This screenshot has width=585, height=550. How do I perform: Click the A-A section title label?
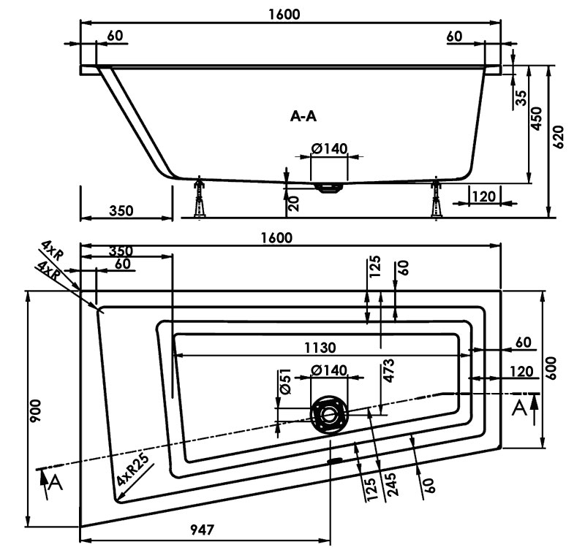pos(303,115)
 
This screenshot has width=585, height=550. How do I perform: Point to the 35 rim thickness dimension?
pos(521,98)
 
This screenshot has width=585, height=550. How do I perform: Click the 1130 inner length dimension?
pos(321,347)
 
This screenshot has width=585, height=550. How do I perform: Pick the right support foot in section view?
pos(437,199)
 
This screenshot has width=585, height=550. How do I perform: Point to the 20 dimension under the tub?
pos(295,202)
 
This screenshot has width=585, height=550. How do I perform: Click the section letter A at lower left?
pos(55,484)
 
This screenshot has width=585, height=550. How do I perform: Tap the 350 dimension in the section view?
pos(121,210)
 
